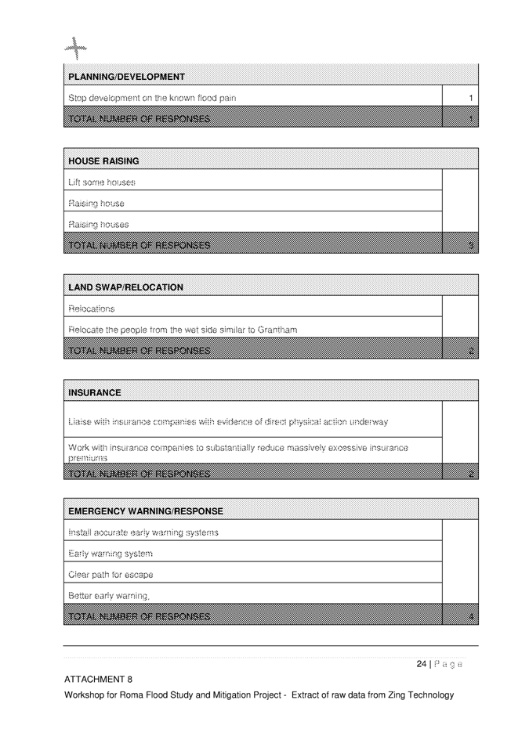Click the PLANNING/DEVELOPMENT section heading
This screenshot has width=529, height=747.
coord(127,77)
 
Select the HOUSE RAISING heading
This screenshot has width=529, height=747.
coord(104,161)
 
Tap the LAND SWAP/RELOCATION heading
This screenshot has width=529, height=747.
coord(126,287)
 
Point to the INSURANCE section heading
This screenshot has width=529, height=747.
coord(95,392)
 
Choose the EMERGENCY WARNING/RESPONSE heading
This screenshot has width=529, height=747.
coord(146,511)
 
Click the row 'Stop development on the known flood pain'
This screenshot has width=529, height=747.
coord(152,98)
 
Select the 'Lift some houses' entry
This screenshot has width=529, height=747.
coord(102,182)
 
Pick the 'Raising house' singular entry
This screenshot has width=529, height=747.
coord(96,204)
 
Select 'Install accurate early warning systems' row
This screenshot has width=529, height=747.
coord(143,532)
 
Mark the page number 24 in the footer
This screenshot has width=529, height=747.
coord(421,664)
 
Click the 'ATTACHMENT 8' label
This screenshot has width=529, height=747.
coord(98,680)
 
